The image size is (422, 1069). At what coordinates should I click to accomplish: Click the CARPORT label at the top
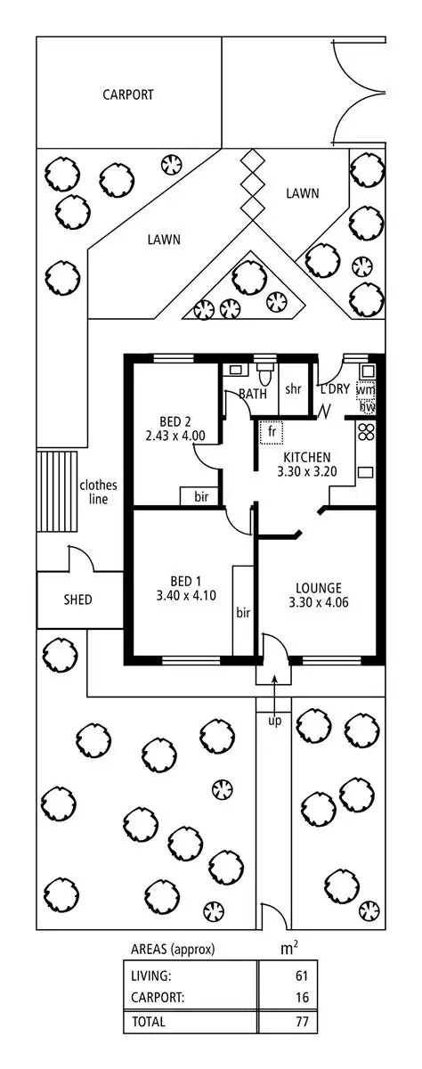pos(127,94)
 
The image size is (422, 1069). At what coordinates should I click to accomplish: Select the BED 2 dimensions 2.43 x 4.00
pos(175,437)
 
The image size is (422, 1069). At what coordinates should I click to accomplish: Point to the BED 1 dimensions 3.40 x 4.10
pos(182,595)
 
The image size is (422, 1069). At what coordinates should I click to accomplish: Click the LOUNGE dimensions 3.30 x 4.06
pos(318,602)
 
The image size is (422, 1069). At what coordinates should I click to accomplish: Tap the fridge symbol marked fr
pos(268,433)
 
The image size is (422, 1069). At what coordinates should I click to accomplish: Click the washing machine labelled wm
pos(366,390)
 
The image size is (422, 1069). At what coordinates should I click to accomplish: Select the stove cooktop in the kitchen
pos(366,435)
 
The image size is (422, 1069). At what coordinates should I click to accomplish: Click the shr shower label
pos(293,389)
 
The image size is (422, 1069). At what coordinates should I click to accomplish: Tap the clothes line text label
pos(98,492)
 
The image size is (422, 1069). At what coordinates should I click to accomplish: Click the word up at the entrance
pos(274,720)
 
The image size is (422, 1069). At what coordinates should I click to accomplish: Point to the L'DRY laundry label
pos(335,389)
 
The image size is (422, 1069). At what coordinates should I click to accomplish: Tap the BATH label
pos(253,393)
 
